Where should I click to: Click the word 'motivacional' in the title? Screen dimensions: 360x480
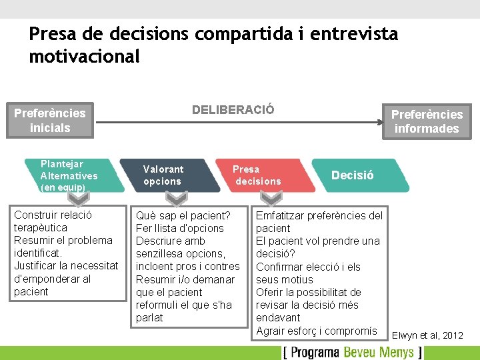[85, 57]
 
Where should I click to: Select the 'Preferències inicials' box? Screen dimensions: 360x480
[50, 120]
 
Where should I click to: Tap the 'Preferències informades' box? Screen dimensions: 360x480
[427, 121]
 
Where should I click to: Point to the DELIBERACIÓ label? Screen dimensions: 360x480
[233, 110]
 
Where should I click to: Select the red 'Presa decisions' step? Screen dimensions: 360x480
[263, 175]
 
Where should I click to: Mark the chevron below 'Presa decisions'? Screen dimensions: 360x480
[271, 199]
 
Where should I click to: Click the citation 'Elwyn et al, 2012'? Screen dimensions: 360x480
[427, 335]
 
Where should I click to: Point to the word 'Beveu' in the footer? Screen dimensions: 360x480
[365, 352]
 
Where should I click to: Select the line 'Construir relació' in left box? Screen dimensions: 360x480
[53, 215]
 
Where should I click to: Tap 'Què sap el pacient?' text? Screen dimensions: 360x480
[183, 215]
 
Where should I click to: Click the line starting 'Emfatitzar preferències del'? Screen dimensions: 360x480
[319, 215]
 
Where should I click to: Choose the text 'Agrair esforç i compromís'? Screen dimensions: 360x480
[317, 331]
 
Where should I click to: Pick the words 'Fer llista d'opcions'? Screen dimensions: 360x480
[180, 228]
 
